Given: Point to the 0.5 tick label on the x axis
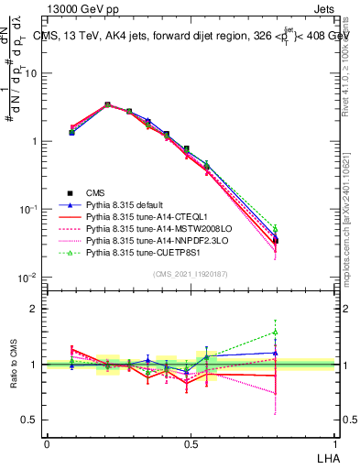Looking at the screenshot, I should pyautogui.click(x=190, y=444).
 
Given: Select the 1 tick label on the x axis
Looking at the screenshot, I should pyautogui.click(x=333, y=444).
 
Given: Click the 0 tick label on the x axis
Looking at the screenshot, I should pyautogui.click(x=47, y=444).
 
